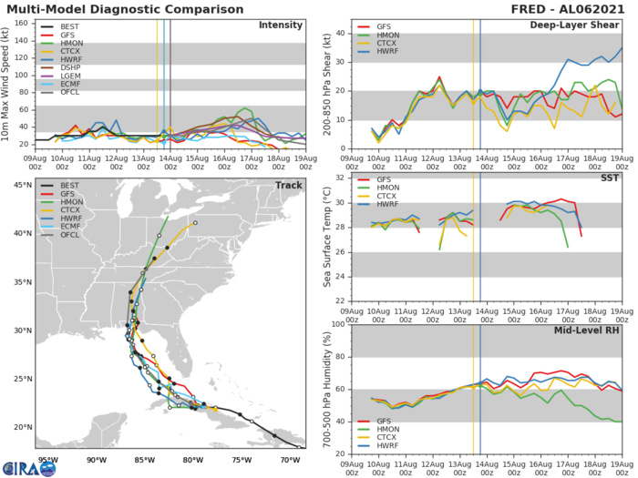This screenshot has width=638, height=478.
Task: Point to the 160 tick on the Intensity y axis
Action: [x=20, y=22]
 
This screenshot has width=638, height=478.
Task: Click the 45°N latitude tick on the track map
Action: [x=17, y=186]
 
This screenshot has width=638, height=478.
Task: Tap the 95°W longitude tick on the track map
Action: [x=36, y=460]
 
